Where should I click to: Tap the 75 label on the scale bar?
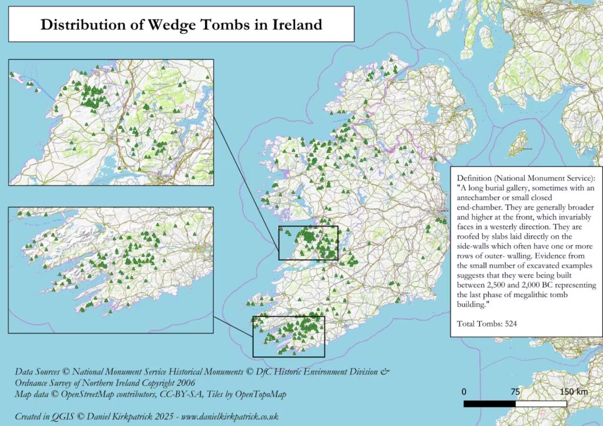pos(515,392)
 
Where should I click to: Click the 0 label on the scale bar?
pos(464,392)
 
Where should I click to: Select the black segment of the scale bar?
pos(489,404)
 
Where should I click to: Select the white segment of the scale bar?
pos(541,404)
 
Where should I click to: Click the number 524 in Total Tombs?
pos(509,324)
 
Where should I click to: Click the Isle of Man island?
pos(518,143)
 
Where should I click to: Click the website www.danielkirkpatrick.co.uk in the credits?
pos(230,415)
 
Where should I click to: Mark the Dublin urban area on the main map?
pos(439,214)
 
